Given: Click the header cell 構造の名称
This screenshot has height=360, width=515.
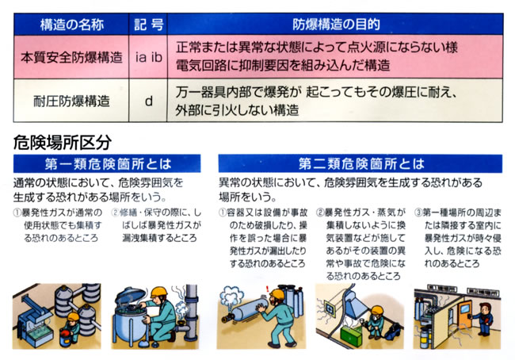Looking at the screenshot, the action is pyautogui.click(x=71, y=25).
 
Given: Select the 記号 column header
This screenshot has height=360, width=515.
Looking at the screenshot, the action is pyautogui.click(x=148, y=25).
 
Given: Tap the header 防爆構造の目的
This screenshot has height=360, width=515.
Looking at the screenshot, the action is pyautogui.click(x=335, y=25).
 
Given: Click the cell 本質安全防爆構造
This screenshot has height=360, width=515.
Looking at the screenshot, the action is pyautogui.click(x=71, y=57).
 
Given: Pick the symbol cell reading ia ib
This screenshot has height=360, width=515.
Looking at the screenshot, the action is pyautogui.click(x=148, y=57).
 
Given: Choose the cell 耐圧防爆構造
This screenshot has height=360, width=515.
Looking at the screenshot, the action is pyautogui.click(x=71, y=101).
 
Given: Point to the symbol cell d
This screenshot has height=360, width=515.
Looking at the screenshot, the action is pyautogui.click(x=148, y=101).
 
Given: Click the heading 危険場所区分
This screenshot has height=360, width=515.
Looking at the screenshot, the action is pyautogui.click(x=63, y=143).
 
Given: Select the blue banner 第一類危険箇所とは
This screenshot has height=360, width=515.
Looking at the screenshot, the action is pyautogui.click(x=107, y=163).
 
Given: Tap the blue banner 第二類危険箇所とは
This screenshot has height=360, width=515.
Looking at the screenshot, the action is pyautogui.click(x=360, y=163).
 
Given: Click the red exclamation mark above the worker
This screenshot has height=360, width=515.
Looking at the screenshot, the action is pyautogui.click(x=267, y=289).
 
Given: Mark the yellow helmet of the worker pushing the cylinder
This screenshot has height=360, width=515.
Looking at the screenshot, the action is pyautogui.click(x=277, y=293).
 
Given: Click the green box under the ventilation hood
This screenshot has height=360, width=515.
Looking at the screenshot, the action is pyautogui.click(x=351, y=333).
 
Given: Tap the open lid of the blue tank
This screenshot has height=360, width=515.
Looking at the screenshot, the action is pyautogui.click(x=130, y=295).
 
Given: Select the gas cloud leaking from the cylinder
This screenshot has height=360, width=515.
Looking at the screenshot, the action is pyautogui.click(x=231, y=297).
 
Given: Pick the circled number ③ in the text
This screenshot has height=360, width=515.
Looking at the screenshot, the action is pyautogui.click(x=418, y=213).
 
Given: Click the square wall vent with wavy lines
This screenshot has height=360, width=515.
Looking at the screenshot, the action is pyautogui.click(x=329, y=308).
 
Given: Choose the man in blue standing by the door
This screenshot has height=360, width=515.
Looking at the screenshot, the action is pyautogui.click(x=484, y=319).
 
